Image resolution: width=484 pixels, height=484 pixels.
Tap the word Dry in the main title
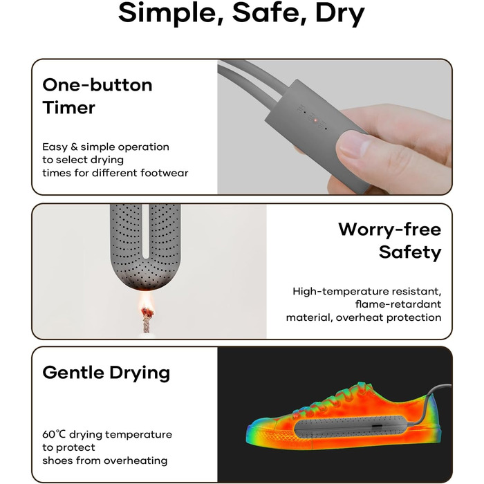pyautogui.click(x=340, y=14)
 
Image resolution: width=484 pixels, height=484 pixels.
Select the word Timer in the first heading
pyautogui.click(x=69, y=108)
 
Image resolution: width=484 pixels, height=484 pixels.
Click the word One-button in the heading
pyautogui.click(x=97, y=85)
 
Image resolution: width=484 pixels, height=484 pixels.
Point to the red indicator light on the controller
pyautogui.click(x=315, y=120)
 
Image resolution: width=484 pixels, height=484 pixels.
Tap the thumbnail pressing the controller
pyautogui.click(x=352, y=145)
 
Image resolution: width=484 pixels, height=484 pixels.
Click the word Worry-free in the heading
pyautogui.click(x=389, y=230)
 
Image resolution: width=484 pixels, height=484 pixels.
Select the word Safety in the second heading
pyautogui.click(x=410, y=252)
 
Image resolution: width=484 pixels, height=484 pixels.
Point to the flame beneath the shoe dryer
pyautogui.click(x=147, y=304)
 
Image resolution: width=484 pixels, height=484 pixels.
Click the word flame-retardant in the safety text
pyautogui.click(x=398, y=304)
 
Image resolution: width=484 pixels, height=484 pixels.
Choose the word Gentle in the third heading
pyautogui.click(x=73, y=373)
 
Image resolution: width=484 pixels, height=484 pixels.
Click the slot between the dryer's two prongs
pyautogui.click(x=146, y=232)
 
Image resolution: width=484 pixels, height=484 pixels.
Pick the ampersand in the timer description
pyautogui.click(x=74, y=147)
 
